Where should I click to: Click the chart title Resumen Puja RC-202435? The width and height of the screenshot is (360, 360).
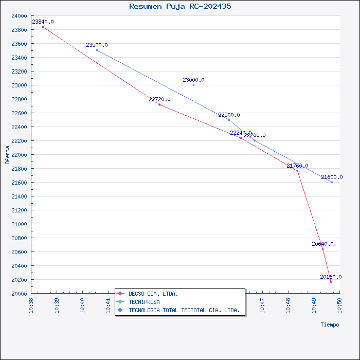pos(180,7)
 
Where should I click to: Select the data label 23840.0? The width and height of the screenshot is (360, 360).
pos(43,22)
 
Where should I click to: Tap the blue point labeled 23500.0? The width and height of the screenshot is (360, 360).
pos(97,50)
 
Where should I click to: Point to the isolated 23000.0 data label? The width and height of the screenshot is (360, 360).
pos(193,80)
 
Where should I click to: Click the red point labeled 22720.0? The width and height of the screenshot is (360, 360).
pos(159,104)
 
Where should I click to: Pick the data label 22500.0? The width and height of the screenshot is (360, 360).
pos(229,115)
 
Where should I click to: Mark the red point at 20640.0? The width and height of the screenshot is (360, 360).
pos(322,249)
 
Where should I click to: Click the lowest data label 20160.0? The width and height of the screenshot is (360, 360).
pos(331,277)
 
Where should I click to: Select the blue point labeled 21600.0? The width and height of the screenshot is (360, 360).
pos(332,182)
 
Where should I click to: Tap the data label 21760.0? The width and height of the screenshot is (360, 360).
pos(297,166)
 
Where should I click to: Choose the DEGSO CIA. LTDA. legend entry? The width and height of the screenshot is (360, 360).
pos(153,294)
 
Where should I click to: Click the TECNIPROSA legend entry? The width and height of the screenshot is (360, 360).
pos(144,302)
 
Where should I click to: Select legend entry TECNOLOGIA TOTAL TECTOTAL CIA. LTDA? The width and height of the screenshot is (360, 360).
pos(184,310)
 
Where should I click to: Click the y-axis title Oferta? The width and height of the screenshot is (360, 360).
pos(7,154)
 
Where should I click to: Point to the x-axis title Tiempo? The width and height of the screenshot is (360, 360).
pos(330,325)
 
